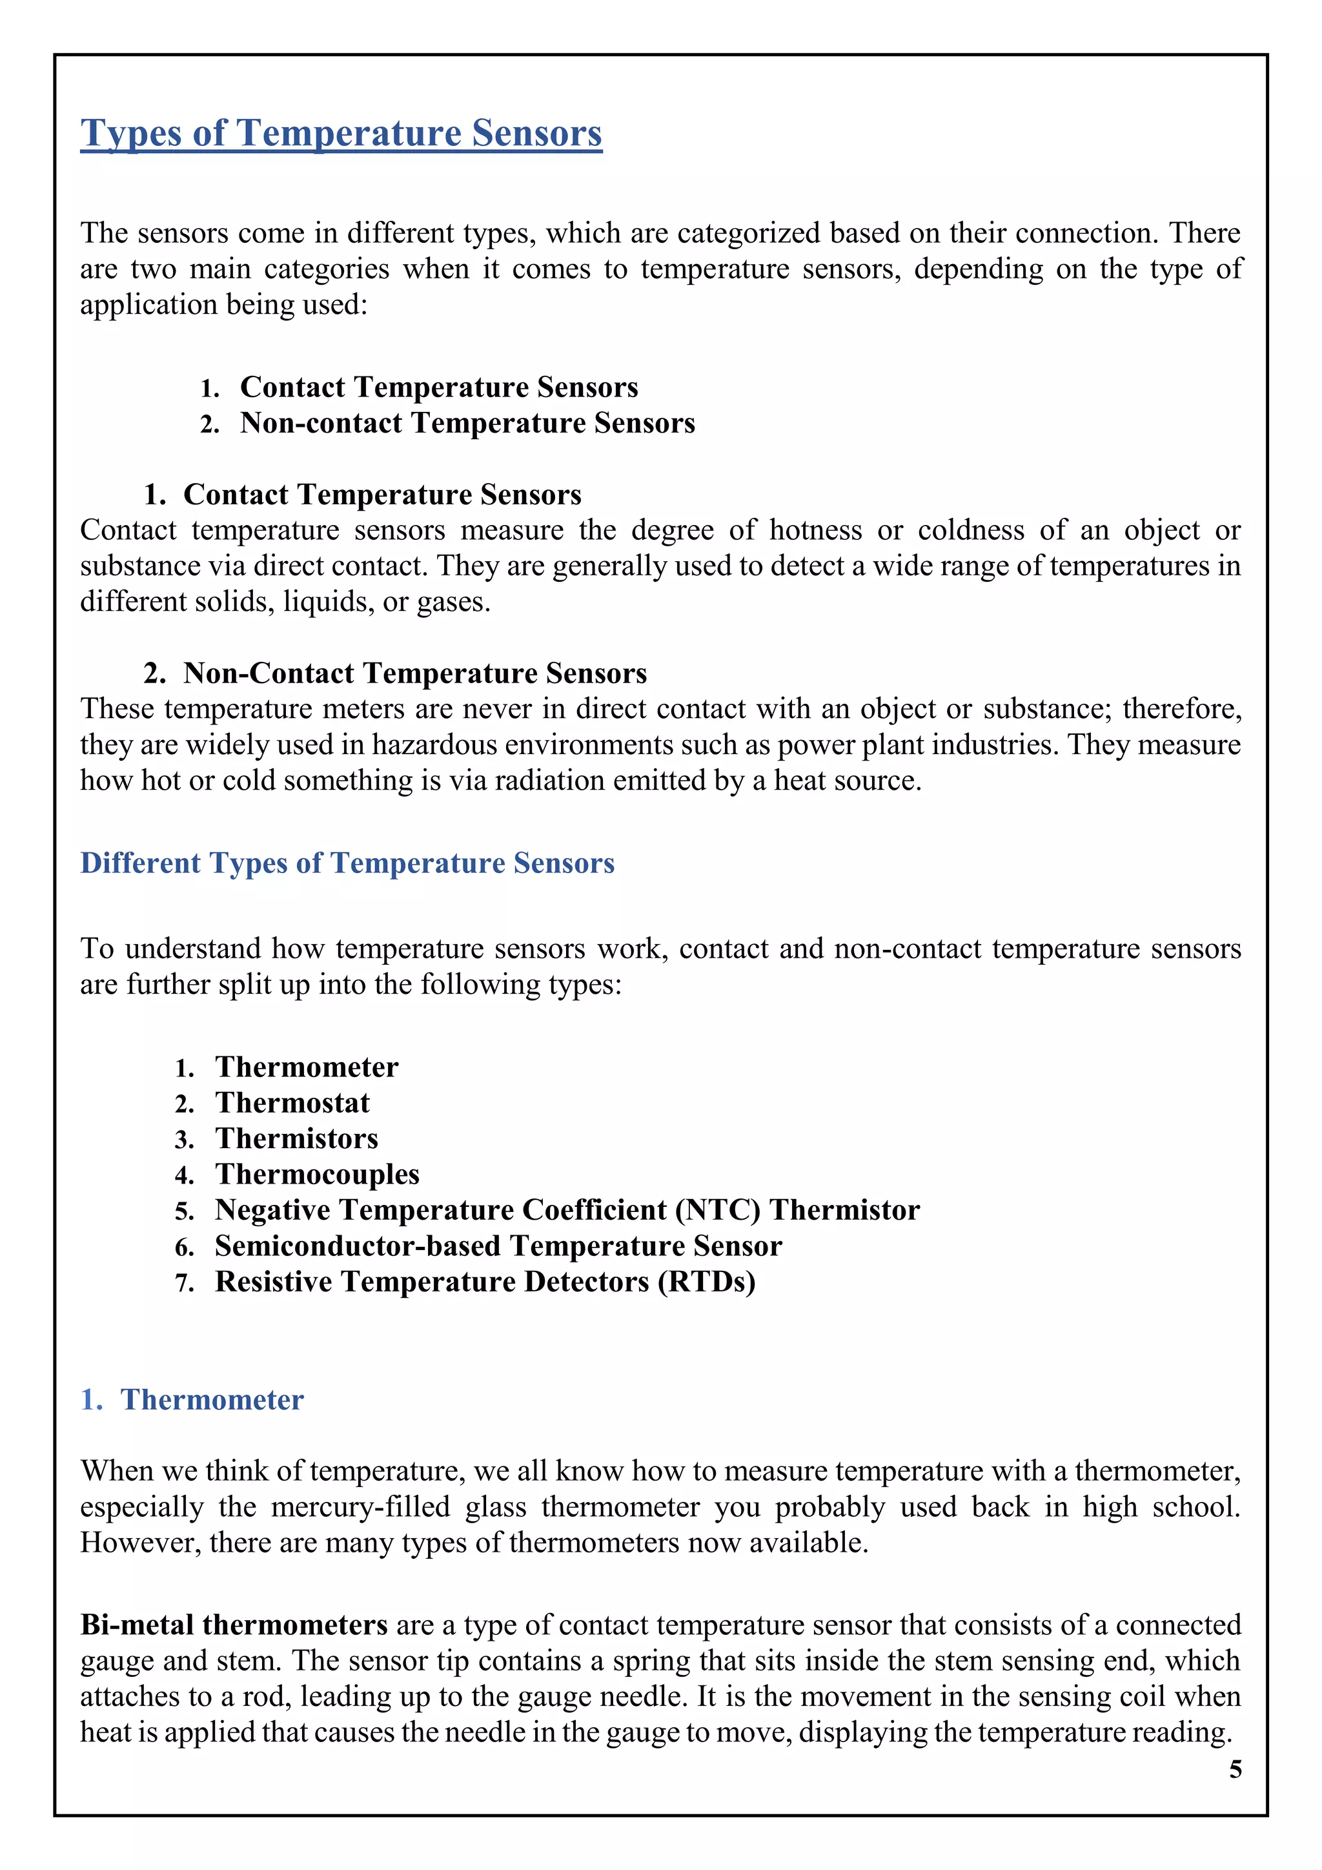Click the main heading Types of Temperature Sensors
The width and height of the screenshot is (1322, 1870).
point(341,134)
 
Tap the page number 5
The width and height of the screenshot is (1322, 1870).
point(1235,1769)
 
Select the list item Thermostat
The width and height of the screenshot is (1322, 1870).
point(292,1103)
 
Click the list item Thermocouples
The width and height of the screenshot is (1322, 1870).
point(318,1175)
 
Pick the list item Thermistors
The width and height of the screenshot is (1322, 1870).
point(296,1138)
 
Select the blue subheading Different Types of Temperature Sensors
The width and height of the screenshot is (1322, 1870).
point(347,863)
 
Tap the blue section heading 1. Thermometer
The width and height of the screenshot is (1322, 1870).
point(192,1399)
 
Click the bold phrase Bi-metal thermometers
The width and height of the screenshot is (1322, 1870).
point(234,1625)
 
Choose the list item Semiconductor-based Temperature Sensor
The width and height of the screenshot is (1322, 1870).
point(498,1246)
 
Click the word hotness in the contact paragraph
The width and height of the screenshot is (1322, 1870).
point(816,531)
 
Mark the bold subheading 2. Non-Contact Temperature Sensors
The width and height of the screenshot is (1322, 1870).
point(395,673)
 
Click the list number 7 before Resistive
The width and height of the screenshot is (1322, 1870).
point(183,1284)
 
